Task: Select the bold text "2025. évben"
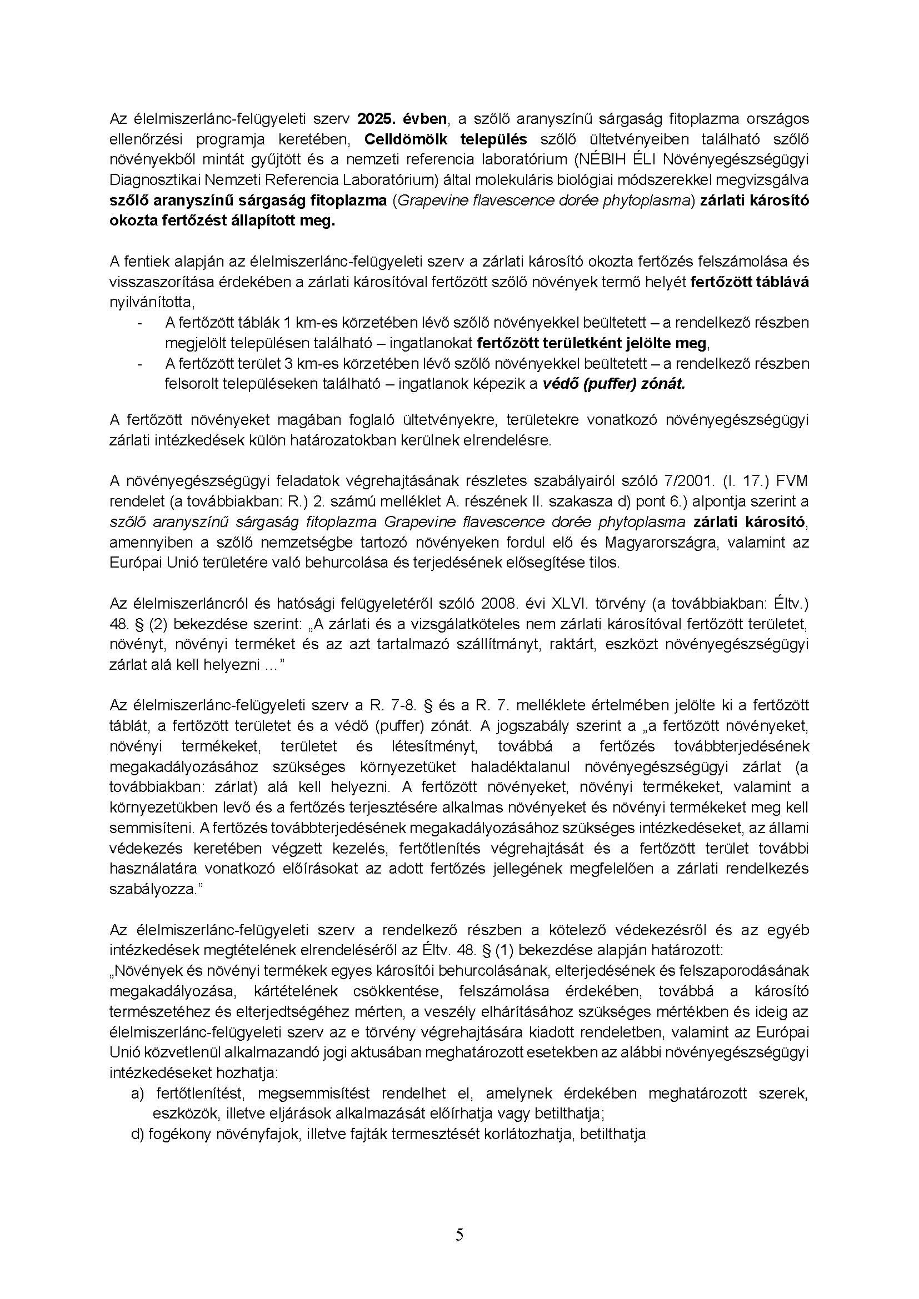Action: pos(402,119)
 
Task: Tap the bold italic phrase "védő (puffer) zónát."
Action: pos(613,384)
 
